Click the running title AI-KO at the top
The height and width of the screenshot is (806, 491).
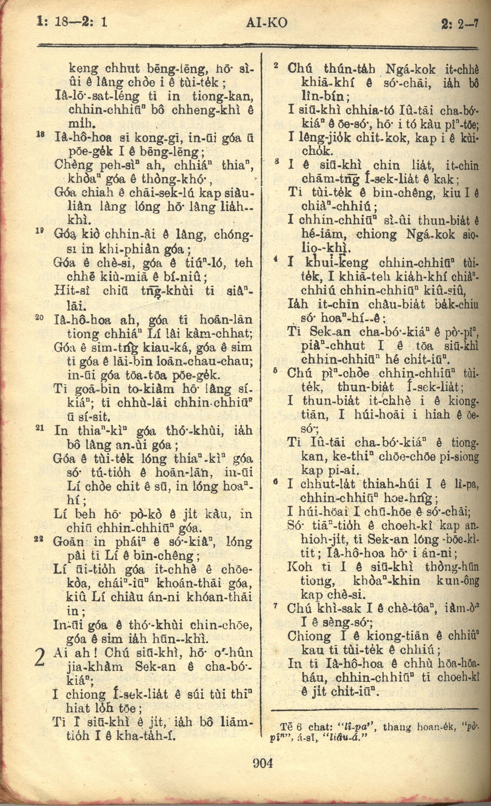coord(267,23)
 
